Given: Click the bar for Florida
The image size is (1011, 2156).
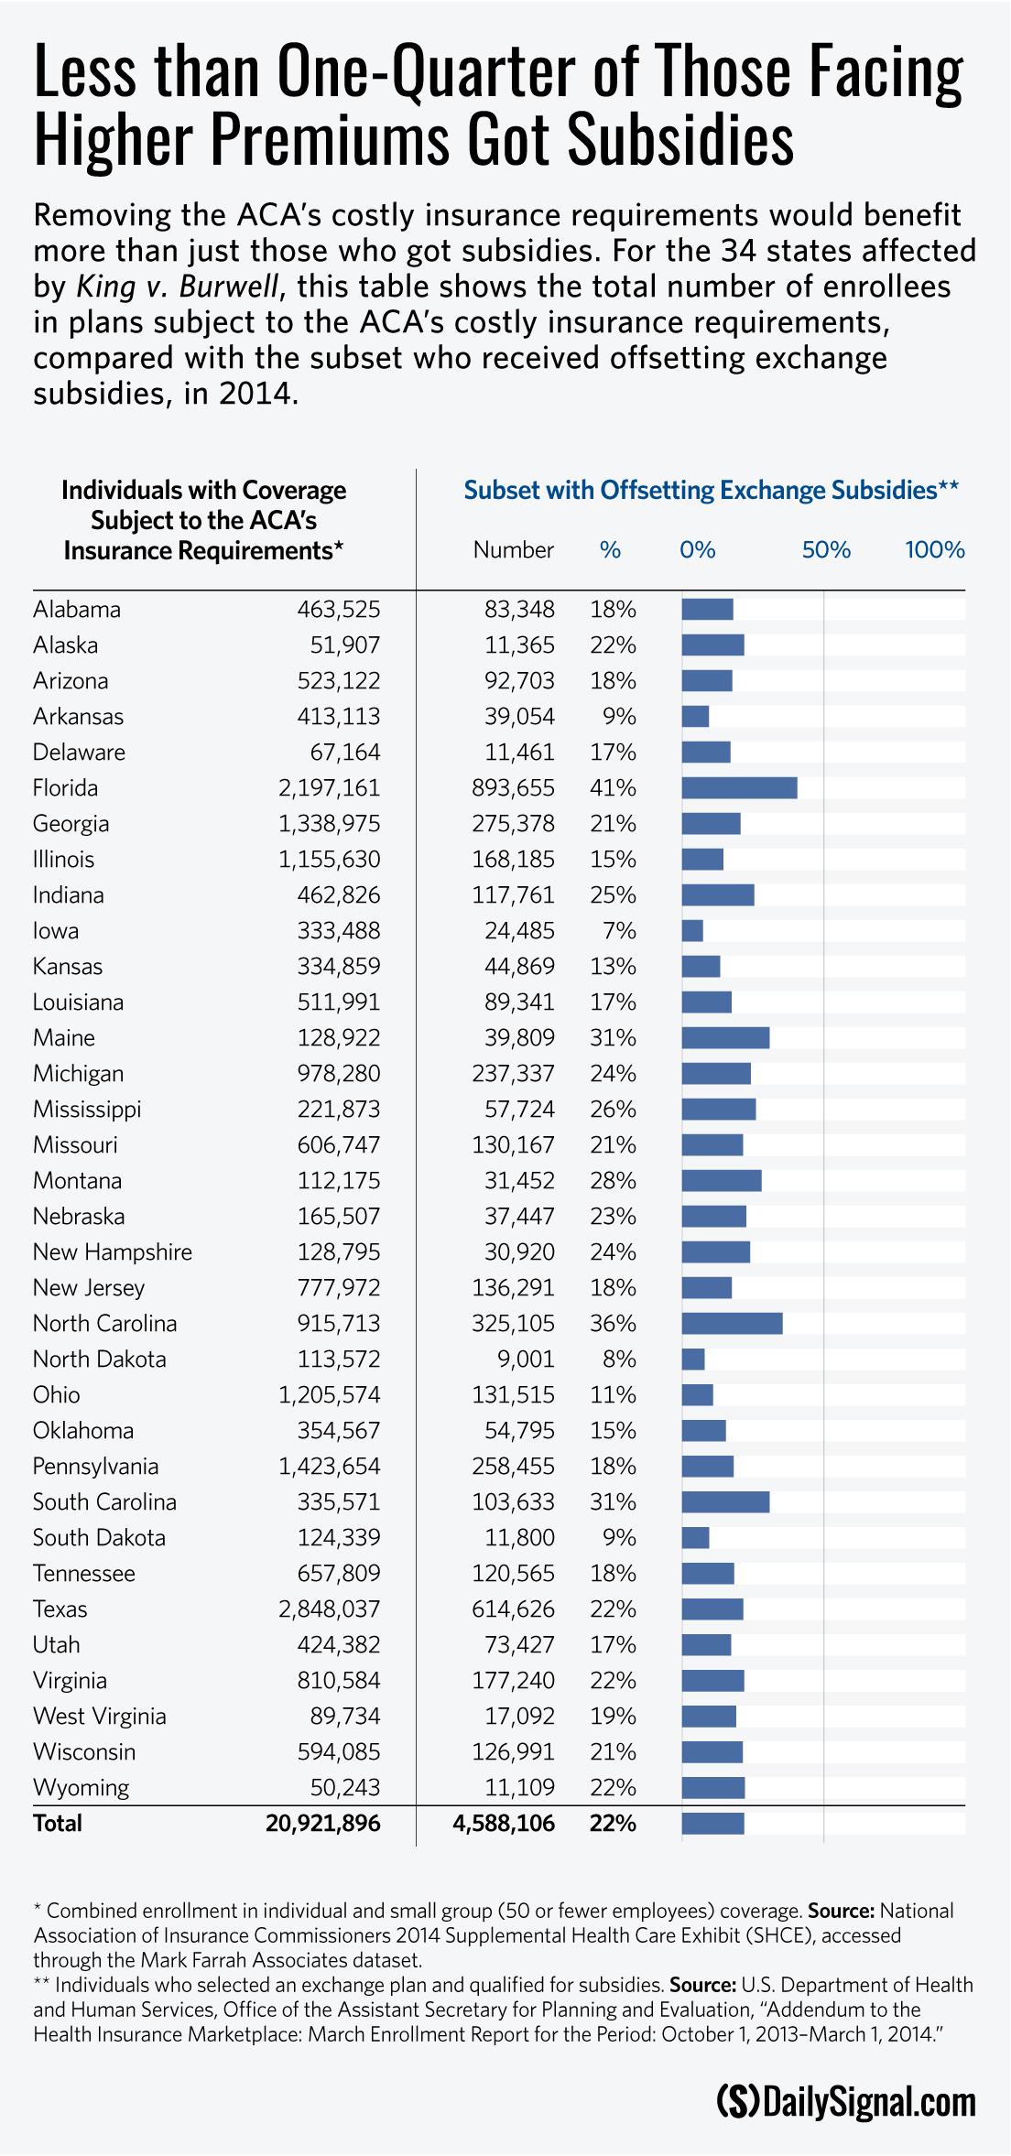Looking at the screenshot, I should tap(739, 787).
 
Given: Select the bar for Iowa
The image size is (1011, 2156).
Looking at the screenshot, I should tap(692, 930).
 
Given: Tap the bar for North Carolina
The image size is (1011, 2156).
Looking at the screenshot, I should tap(732, 1323).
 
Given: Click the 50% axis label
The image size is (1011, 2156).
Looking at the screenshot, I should tap(826, 550).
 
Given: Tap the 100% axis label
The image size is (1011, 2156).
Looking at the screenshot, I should tap(935, 550).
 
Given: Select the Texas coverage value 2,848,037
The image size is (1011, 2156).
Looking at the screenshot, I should tap(329, 1609).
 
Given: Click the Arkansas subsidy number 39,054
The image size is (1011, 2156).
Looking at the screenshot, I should tap(519, 716).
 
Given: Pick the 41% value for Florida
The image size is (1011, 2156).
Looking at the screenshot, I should tap(613, 787).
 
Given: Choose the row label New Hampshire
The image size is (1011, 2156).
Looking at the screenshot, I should tap(113, 1251).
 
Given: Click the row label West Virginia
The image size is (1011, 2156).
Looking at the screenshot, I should tap(100, 1716).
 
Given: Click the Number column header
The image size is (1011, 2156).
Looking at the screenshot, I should tap(513, 550).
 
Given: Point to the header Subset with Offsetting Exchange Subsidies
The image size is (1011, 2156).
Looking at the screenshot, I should tap(711, 490).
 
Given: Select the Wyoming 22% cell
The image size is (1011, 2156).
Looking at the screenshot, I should tap(613, 1787).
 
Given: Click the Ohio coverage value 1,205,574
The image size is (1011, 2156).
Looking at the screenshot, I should tap(329, 1394).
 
